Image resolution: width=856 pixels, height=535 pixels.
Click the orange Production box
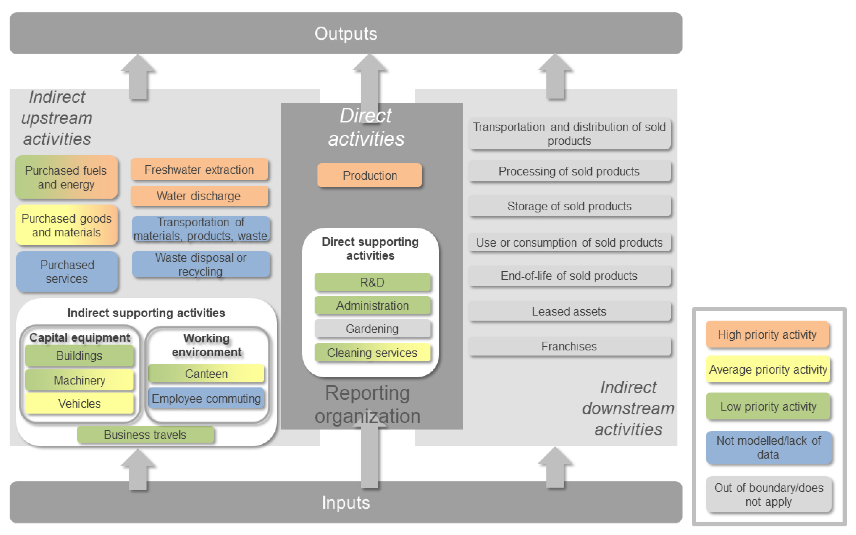click(x=369, y=175)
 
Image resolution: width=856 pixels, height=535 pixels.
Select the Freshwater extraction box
click(x=199, y=169)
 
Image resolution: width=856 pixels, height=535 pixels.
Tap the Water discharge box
click(x=199, y=196)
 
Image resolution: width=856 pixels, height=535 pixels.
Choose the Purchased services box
click(x=67, y=271)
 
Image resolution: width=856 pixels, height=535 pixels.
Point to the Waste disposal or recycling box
click(x=201, y=264)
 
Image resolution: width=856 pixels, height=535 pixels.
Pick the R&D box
click(x=372, y=282)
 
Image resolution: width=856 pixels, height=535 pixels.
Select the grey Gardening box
click(x=372, y=329)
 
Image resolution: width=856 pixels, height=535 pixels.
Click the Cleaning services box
click(x=372, y=352)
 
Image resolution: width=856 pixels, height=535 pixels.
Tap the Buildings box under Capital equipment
click(x=79, y=356)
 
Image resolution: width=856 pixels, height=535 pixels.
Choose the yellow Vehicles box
click(x=79, y=403)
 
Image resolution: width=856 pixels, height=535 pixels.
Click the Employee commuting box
click(x=206, y=398)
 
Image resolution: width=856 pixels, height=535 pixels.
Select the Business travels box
click(x=146, y=435)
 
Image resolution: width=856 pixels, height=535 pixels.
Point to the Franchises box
click(x=569, y=346)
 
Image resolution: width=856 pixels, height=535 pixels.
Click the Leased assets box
click(x=569, y=311)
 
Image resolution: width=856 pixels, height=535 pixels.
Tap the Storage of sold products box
click(x=569, y=206)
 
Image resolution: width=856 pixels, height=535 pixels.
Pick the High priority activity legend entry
click(x=767, y=334)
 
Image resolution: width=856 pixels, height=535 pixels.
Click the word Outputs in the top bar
click(x=346, y=34)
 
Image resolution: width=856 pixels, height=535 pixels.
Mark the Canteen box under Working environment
click(x=206, y=374)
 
